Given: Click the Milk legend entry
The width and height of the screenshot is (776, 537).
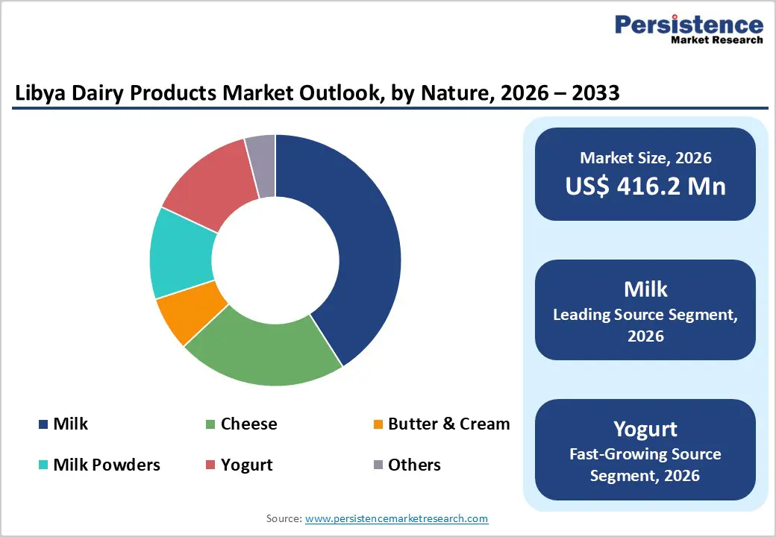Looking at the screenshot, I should pos(70,424).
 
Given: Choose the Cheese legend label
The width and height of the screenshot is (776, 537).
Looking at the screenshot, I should pos(248,424).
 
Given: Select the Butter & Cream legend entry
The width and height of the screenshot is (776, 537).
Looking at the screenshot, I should pos(448,424).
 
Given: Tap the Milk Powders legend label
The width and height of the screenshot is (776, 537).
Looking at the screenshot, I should pos(107,465).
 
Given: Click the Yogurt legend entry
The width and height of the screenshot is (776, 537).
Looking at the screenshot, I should pos(246,465).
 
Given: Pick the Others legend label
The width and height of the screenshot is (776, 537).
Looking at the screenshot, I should pos(414,465).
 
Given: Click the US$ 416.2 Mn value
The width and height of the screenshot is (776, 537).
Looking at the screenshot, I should pos(645,186).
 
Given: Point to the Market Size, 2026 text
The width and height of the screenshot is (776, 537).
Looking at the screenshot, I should pos(645,157).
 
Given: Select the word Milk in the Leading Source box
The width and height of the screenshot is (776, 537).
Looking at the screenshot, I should pos(645,289).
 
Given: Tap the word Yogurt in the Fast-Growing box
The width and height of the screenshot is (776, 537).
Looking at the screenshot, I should pos(645,429).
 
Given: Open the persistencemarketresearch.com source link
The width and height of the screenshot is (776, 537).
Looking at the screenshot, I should pos(397,518).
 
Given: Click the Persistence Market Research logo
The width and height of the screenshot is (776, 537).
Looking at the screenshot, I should pos(688,30).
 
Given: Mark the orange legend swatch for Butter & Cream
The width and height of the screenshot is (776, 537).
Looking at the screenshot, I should pos(378,425).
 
